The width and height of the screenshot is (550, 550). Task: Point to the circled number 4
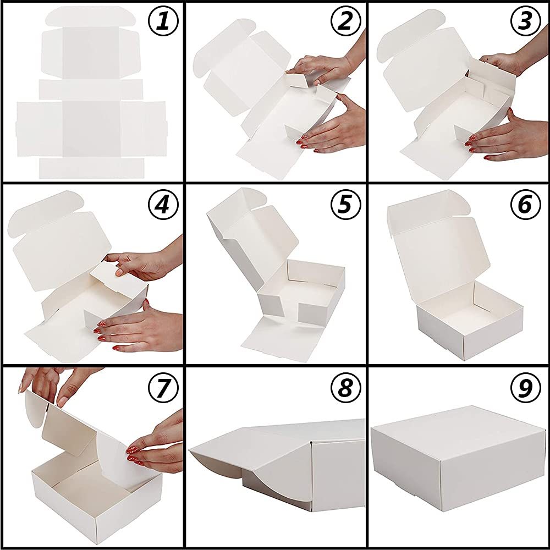[163, 205]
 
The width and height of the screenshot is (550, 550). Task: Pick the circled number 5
[346, 205]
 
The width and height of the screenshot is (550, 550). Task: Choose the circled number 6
[525, 205]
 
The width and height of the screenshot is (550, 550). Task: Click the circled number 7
[163, 388]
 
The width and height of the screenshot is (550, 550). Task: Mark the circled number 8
[346, 388]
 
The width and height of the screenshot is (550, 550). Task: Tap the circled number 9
[525, 388]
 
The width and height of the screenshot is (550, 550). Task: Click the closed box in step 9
[458, 458]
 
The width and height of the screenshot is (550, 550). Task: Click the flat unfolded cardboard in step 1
[91, 93]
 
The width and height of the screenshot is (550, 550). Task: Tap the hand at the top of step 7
[56, 384]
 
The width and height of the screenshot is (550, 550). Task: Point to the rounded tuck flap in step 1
[91, 16]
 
